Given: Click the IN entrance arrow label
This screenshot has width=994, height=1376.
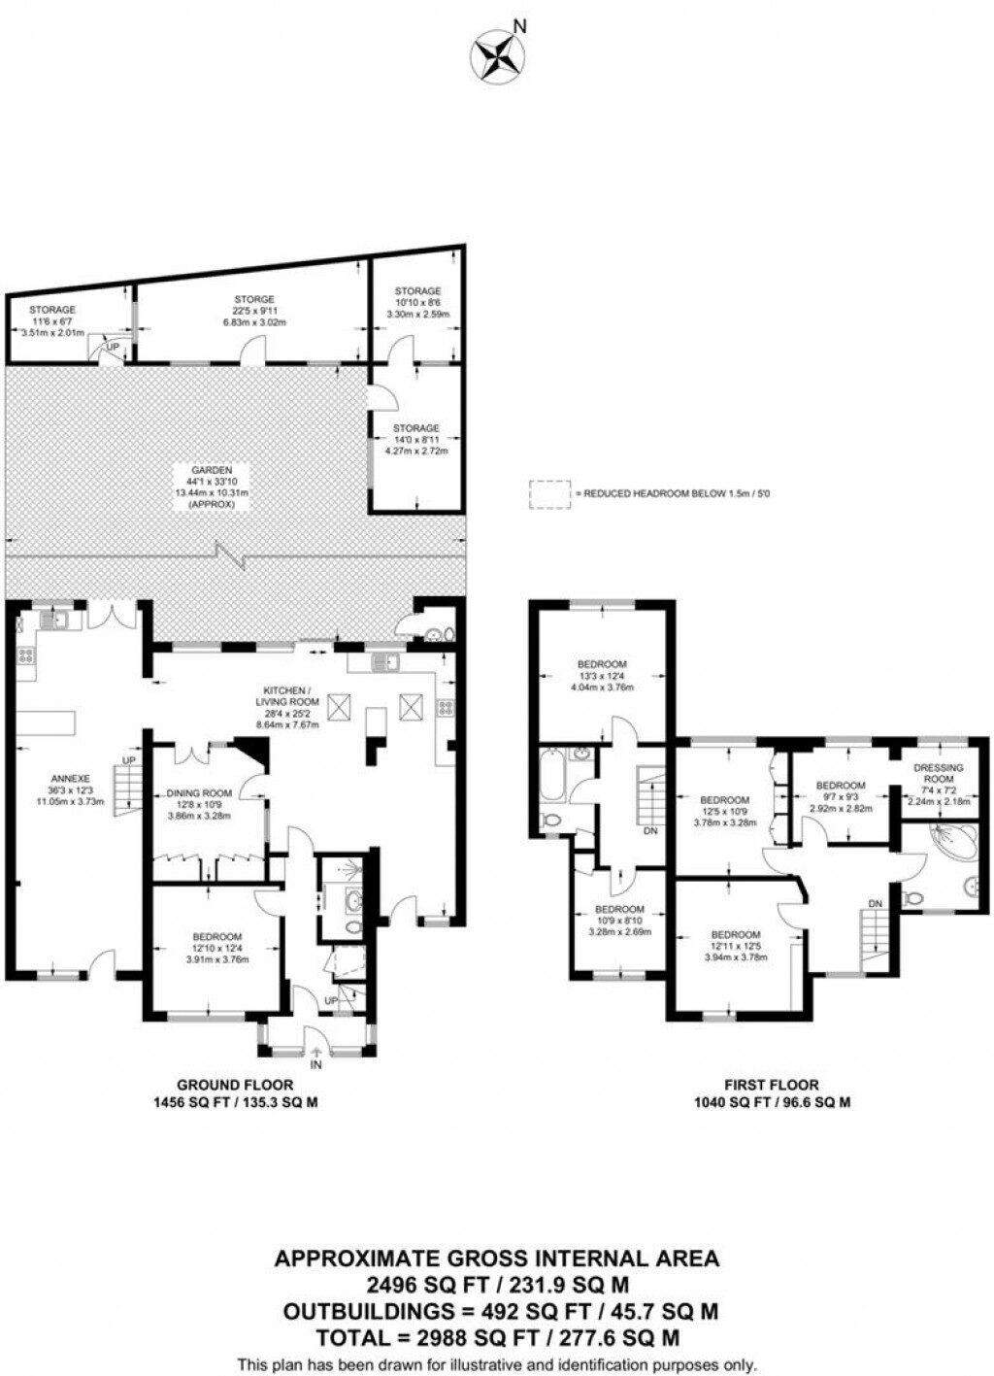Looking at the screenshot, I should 315,1065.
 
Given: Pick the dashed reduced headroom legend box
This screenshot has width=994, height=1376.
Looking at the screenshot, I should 548,494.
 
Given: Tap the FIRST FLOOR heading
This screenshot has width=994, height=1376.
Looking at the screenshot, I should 771,1085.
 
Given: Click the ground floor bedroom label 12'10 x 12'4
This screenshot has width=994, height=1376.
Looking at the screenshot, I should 216,937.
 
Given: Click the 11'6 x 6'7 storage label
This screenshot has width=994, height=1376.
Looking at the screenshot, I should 51,310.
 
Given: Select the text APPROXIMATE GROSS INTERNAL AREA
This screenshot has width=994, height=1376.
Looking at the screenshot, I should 497,1259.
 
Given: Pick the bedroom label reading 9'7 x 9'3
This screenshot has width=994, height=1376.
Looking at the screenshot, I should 840,786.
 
